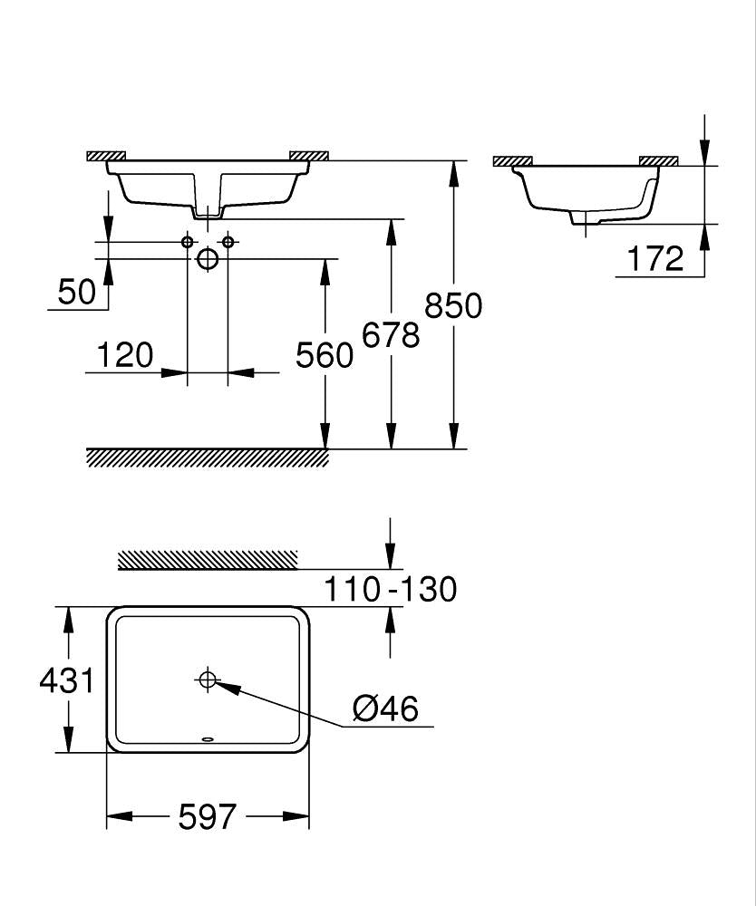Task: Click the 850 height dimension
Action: click(x=453, y=306)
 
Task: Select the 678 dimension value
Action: click(x=391, y=335)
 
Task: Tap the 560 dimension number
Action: click(x=325, y=355)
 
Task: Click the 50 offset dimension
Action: click(x=77, y=292)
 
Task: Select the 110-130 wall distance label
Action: click(x=391, y=590)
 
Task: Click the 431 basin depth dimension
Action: click(x=66, y=679)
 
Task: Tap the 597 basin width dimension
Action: click(x=208, y=817)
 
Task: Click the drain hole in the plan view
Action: click(x=208, y=679)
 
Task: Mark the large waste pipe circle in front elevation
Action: click(x=208, y=259)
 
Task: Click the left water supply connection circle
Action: click(x=188, y=241)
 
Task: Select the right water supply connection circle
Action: click(x=228, y=241)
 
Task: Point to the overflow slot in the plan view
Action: click(x=208, y=738)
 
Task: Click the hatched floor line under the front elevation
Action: click(x=208, y=458)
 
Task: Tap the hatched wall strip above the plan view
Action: click(x=208, y=560)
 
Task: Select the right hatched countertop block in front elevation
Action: click(x=308, y=155)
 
